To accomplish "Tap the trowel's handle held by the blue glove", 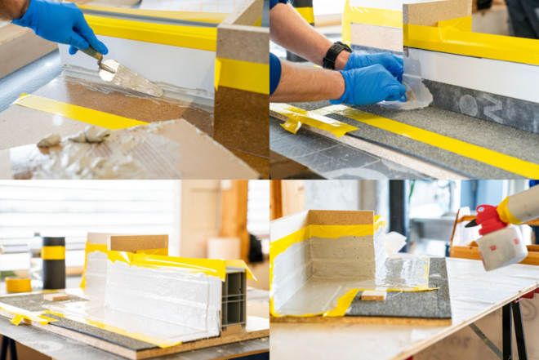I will pos(91,55).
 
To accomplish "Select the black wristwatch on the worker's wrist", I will pos(335,55).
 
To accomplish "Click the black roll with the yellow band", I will pos(53,261).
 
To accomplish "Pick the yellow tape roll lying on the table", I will pos(18,285).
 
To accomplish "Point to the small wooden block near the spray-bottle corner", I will pos(373,295).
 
